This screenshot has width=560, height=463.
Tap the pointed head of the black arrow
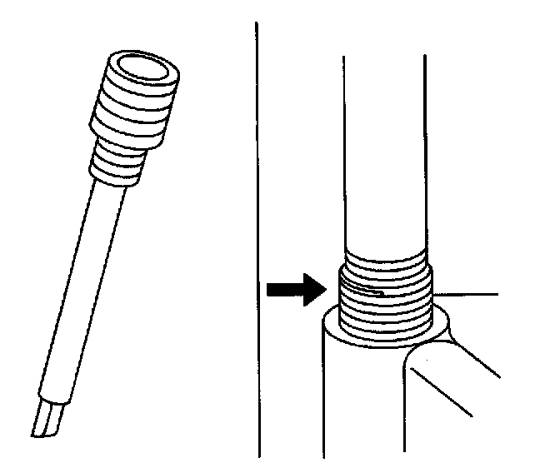click(x=313, y=290)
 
